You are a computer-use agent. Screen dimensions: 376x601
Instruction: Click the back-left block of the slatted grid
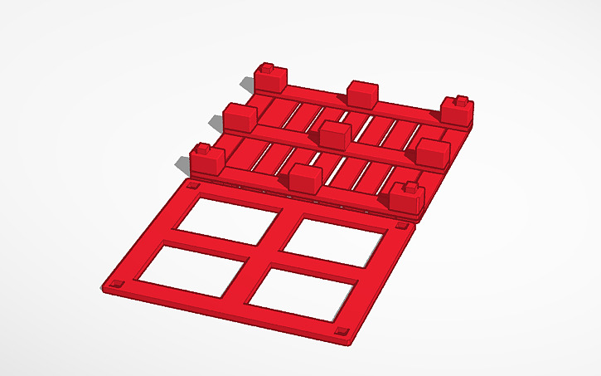269,81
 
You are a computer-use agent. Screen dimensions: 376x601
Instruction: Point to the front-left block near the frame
207,159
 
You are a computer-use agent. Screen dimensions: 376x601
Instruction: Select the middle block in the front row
305,178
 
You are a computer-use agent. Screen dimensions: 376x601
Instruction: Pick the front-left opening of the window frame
192,268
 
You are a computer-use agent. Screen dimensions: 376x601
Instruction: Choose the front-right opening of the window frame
302,294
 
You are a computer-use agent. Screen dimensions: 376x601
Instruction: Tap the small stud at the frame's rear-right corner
402,225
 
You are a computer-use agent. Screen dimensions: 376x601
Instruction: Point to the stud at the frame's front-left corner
115,285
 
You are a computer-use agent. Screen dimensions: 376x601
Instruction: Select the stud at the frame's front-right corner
340,332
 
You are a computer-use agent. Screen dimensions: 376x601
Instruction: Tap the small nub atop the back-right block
458,101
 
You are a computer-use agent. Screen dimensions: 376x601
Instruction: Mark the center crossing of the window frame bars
265,255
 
